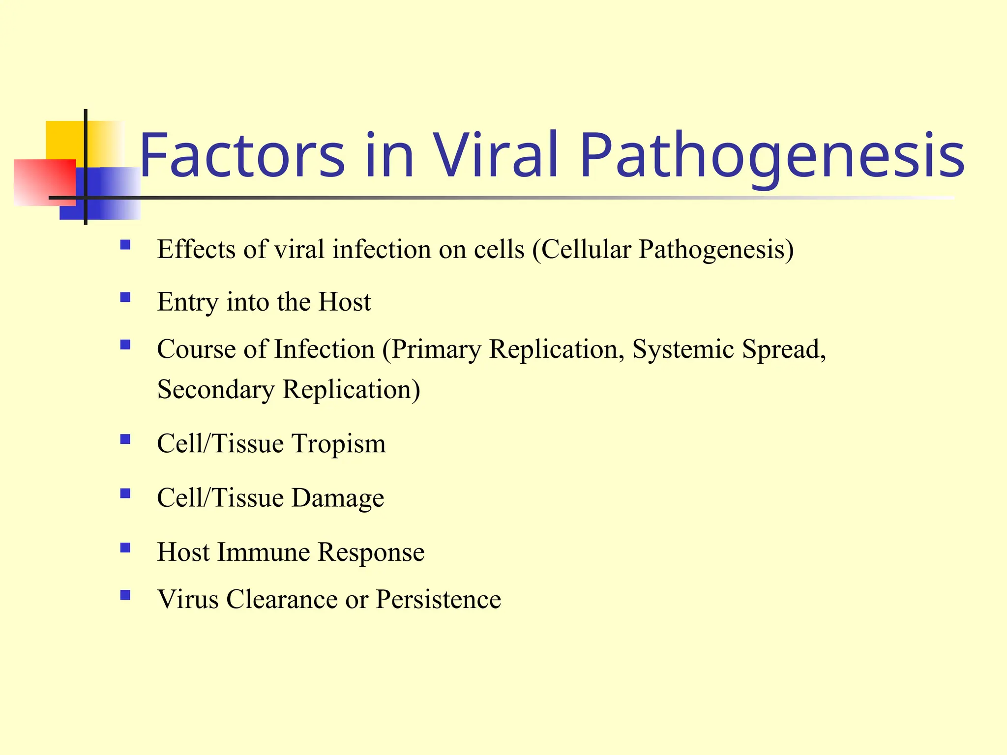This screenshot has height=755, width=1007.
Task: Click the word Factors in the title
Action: [x=242, y=155]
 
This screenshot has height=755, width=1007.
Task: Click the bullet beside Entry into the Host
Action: [x=125, y=297]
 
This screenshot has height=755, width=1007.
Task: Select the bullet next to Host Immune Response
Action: [x=125, y=548]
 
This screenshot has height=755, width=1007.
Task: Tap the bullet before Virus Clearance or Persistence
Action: [x=125, y=595]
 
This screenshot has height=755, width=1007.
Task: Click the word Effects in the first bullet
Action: [x=196, y=249]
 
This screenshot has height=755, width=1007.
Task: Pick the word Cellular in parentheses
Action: [x=586, y=249]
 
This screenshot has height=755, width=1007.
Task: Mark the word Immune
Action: [x=263, y=552]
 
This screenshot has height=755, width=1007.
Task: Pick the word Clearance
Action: [x=282, y=600]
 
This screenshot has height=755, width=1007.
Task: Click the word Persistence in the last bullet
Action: [x=438, y=600]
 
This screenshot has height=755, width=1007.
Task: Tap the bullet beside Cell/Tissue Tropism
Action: [x=125, y=439]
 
